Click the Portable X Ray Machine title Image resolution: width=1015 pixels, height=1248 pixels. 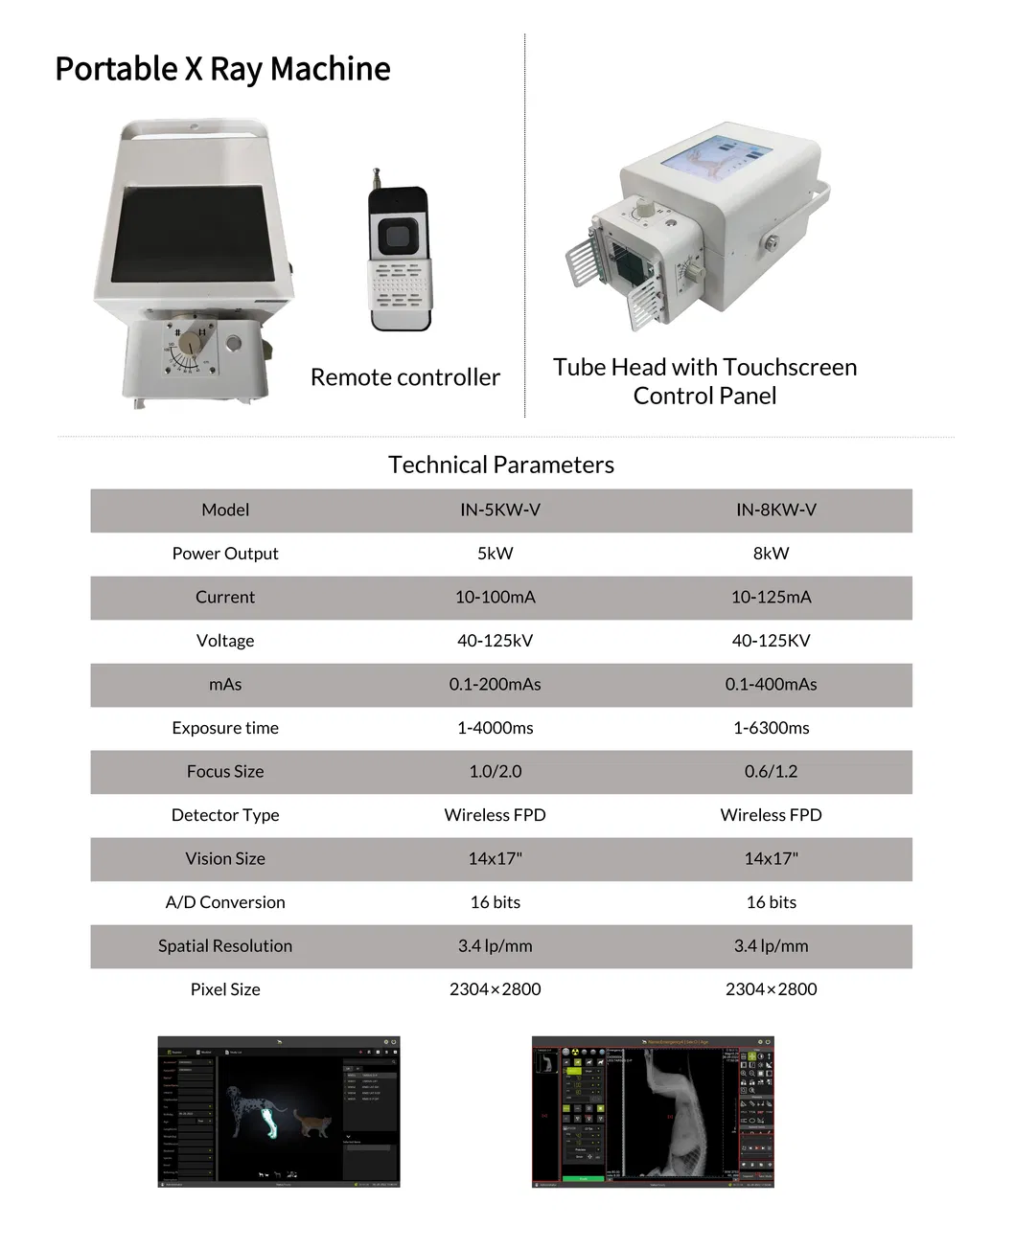click(222, 69)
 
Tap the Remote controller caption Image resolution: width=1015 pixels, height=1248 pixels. click(404, 377)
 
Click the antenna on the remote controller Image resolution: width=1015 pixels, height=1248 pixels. click(377, 177)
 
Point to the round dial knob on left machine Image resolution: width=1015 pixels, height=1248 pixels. click(193, 342)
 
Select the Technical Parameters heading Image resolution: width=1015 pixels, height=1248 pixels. click(500, 465)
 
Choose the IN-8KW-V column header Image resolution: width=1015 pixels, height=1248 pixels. click(775, 510)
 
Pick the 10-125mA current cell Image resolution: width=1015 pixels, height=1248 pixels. click(771, 597)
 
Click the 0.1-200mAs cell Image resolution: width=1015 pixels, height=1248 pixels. click(495, 684)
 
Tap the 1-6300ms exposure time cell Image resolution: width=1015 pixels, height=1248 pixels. click(771, 728)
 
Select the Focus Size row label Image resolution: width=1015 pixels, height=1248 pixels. click(225, 771)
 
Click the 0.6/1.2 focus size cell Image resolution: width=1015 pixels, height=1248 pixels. click(771, 771)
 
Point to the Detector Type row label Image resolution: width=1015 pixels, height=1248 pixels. click(225, 815)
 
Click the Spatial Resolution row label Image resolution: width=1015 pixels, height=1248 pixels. click(225, 945)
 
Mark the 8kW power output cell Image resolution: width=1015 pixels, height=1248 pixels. click(771, 554)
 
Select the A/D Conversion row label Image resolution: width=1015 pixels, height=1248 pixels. click(225, 902)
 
